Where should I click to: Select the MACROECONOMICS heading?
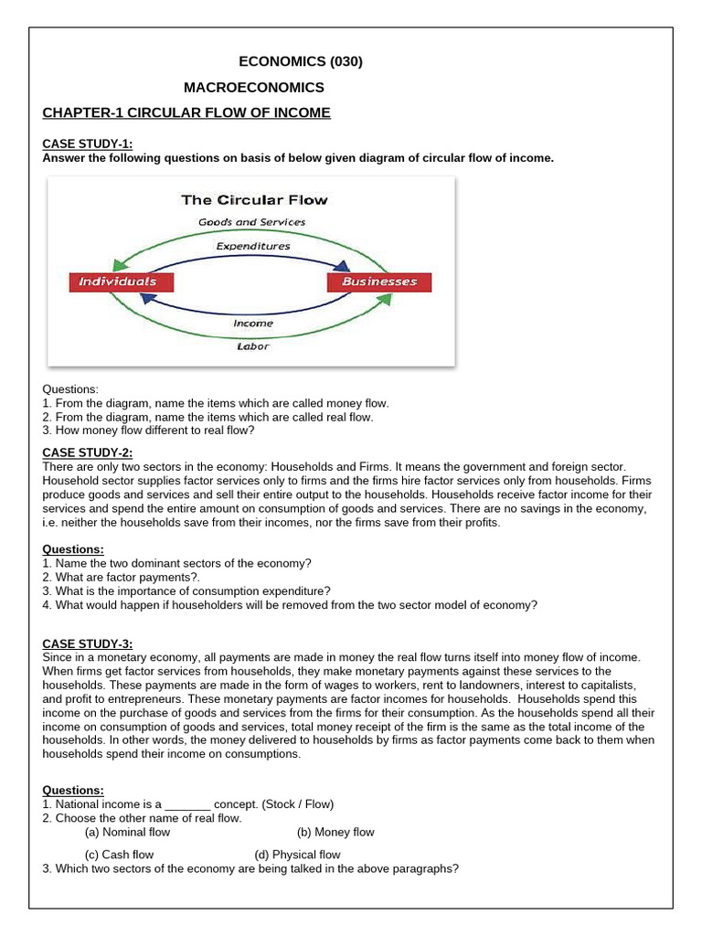tap(253, 88)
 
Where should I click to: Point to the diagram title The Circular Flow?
tap(254, 199)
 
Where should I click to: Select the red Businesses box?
tap(378, 282)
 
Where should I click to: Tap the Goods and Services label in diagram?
tap(252, 222)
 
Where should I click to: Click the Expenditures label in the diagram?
tap(252, 246)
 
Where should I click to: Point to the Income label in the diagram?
tap(252, 323)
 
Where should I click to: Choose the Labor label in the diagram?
tap(252, 346)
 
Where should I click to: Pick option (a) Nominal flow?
tap(127, 832)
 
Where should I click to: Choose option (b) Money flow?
tap(335, 832)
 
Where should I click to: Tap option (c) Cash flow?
tap(119, 855)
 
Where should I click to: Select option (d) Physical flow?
tap(297, 855)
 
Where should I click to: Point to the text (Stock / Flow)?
tap(298, 804)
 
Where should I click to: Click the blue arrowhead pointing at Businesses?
tap(343, 267)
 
